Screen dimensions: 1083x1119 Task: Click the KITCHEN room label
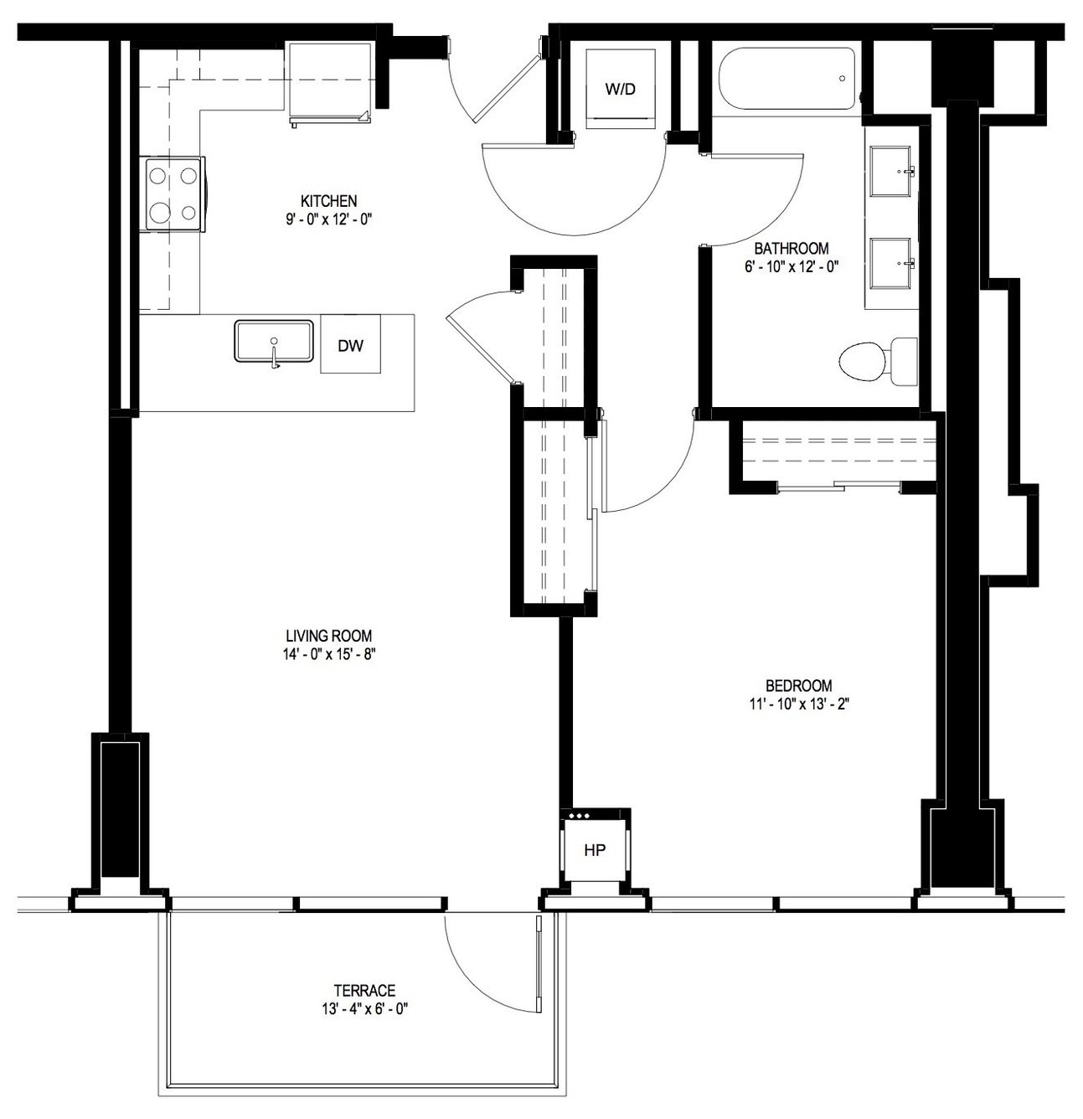(328, 201)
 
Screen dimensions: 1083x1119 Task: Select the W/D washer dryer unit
(621, 89)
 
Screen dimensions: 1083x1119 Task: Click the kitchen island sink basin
(273, 342)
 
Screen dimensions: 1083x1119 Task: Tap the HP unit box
(595, 850)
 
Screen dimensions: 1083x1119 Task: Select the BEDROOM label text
(798, 685)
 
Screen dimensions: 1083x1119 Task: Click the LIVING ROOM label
(328, 636)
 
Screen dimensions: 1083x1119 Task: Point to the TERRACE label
(364, 990)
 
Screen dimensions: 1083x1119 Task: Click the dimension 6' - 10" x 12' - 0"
(792, 266)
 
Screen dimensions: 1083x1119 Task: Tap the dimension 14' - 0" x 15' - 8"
(328, 654)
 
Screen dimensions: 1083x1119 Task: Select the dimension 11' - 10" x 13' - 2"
(798, 704)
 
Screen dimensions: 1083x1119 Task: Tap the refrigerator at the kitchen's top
(328, 84)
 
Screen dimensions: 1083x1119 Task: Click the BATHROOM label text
(792, 249)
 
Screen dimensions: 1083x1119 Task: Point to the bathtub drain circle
(842, 78)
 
